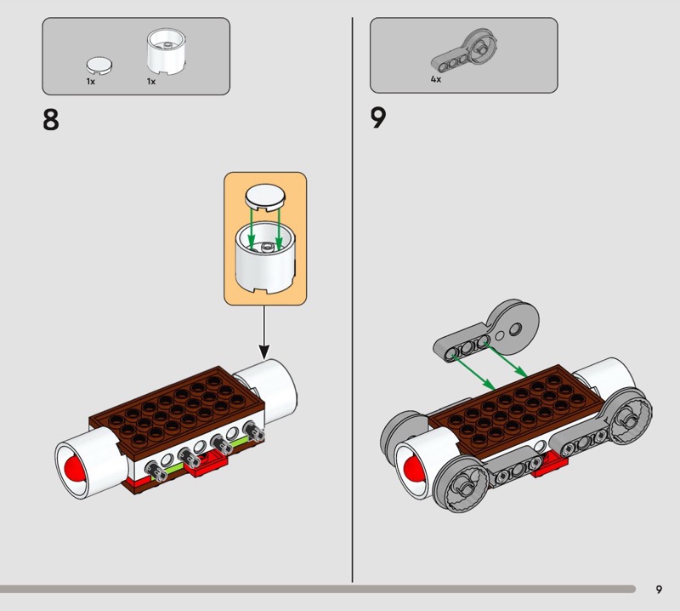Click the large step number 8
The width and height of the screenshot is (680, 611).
[x=51, y=118]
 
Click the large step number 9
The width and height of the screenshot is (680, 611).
[x=378, y=117]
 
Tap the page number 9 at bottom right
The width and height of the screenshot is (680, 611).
[x=659, y=589]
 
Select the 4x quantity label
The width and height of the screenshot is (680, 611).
[x=435, y=78]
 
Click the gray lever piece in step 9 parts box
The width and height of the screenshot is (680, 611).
[x=464, y=49]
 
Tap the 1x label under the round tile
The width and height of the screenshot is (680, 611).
[x=90, y=82]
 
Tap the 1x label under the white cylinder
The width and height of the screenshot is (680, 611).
[x=151, y=82]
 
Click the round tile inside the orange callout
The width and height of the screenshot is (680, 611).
[x=264, y=197]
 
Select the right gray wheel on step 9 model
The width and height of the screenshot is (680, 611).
[x=628, y=418]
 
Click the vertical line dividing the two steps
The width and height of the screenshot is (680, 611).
[x=353, y=298]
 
